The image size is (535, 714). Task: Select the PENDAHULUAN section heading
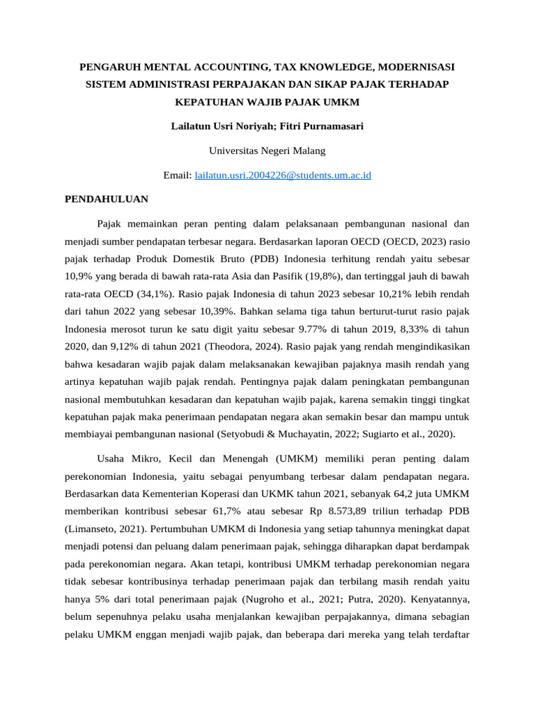[x=107, y=199]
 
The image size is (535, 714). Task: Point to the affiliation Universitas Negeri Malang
[x=267, y=151]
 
